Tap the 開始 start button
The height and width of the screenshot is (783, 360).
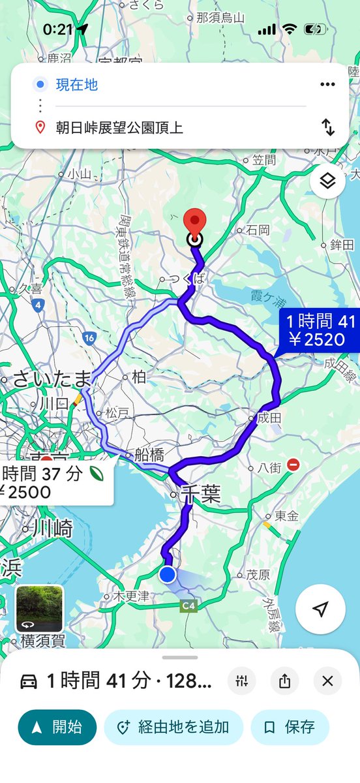click(x=57, y=727)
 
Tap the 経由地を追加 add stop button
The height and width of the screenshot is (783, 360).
click(x=173, y=727)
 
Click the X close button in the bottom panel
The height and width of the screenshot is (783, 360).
click(x=327, y=682)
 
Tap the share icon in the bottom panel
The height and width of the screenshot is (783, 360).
click(x=284, y=682)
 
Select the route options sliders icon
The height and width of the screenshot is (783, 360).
click(x=242, y=682)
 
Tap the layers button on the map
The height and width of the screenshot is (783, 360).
click(x=327, y=181)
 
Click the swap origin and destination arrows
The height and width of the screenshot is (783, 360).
click(x=328, y=127)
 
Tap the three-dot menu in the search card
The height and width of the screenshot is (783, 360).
click(x=327, y=84)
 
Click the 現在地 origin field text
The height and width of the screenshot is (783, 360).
click(x=76, y=85)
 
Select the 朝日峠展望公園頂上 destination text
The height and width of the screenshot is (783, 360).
click(x=119, y=127)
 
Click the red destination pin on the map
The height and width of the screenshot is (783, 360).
click(x=194, y=222)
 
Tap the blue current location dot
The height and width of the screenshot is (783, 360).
click(x=168, y=574)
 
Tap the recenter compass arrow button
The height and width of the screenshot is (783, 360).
click(x=320, y=609)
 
